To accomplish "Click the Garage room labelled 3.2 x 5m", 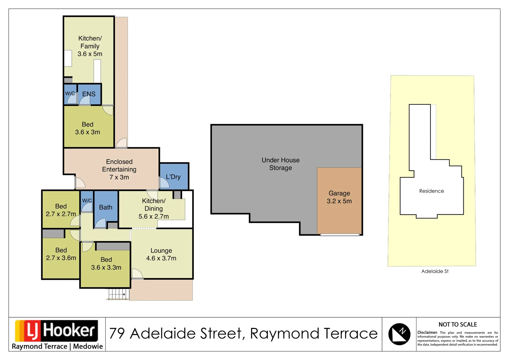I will click(339, 197).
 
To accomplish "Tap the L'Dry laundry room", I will click(173, 177).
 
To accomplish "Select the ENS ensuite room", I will click(89, 94).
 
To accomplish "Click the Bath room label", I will click(106, 207).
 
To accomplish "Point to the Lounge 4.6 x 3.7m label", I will click(161, 254).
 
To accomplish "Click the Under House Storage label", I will click(280, 164).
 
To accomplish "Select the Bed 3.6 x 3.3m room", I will click(106, 264).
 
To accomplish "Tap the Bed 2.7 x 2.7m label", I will click(61, 210).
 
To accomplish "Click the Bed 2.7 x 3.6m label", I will click(61, 254).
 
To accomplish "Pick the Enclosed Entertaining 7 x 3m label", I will click(119, 169).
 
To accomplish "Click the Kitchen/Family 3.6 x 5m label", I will click(90, 46).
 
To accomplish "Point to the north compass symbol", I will click(399, 334).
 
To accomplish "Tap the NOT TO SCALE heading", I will click(457, 324).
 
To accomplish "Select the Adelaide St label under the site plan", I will click(435, 271).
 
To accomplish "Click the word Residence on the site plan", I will click(431, 191).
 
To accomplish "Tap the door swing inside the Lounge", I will click(137, 274).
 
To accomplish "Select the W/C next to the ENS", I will click(70, 94).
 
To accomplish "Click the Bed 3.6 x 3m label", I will click(87, 128).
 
